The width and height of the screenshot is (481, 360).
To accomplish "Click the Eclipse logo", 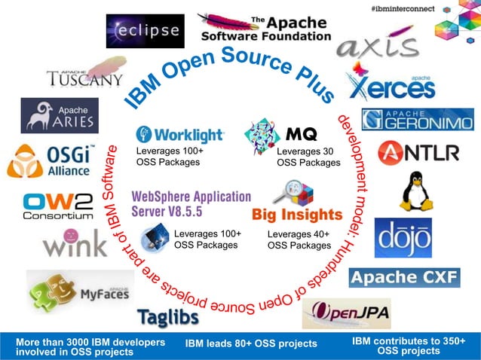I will [x=144, y=31].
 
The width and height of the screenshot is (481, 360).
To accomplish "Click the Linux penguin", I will [x=415, y=191].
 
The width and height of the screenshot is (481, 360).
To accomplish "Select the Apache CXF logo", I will [x=404, y=277].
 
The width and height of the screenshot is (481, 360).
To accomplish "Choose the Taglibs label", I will [x=168, y=317].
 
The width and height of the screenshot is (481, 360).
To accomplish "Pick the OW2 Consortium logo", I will [x=57, y=206].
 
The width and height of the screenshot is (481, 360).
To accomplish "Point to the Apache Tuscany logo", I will [x=84, y=78].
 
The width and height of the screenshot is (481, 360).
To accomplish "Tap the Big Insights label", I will [x=296, y=215].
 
